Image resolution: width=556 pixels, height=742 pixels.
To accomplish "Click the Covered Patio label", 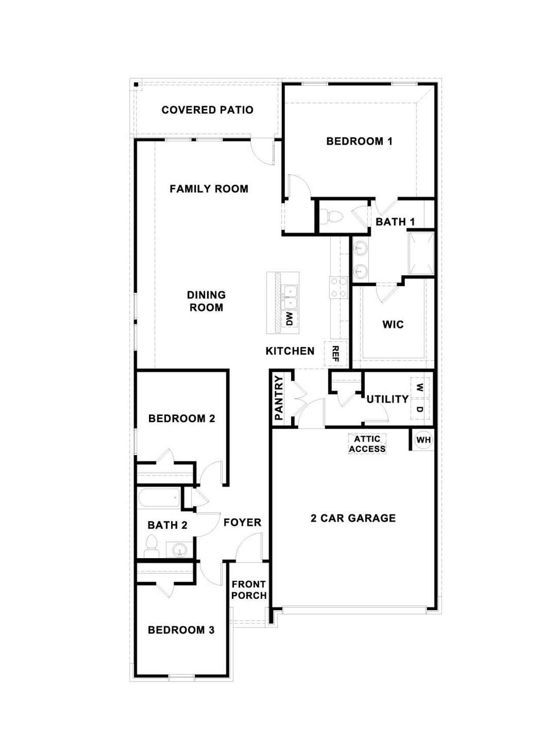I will pos(207,110).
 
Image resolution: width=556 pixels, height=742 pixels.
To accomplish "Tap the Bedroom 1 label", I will pos(359,141).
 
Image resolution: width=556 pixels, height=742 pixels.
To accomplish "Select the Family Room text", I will pos(209,189).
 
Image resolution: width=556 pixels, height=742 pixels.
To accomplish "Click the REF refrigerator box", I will pos(335,353).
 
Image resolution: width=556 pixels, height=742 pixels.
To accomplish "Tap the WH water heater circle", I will pos(424,440).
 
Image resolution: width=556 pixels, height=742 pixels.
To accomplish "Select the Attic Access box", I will pos(367,444).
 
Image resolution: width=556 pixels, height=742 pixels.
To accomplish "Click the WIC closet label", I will pos(393,324).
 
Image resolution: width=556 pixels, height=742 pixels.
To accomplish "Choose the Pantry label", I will pos(278,398).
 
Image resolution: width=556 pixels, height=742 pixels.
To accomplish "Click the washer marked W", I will pos(420,386).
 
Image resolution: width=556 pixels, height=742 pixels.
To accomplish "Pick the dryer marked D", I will pos(420,409).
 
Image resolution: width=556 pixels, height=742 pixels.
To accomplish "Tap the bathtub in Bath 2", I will pos(159,498).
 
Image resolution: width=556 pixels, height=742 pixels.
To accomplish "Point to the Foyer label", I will pos(242,522).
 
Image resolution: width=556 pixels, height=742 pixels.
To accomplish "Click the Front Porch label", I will pos(249,590).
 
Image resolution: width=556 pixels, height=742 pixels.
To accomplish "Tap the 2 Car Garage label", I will pos(353,518).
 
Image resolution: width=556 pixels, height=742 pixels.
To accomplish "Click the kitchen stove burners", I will pos(339,288).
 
